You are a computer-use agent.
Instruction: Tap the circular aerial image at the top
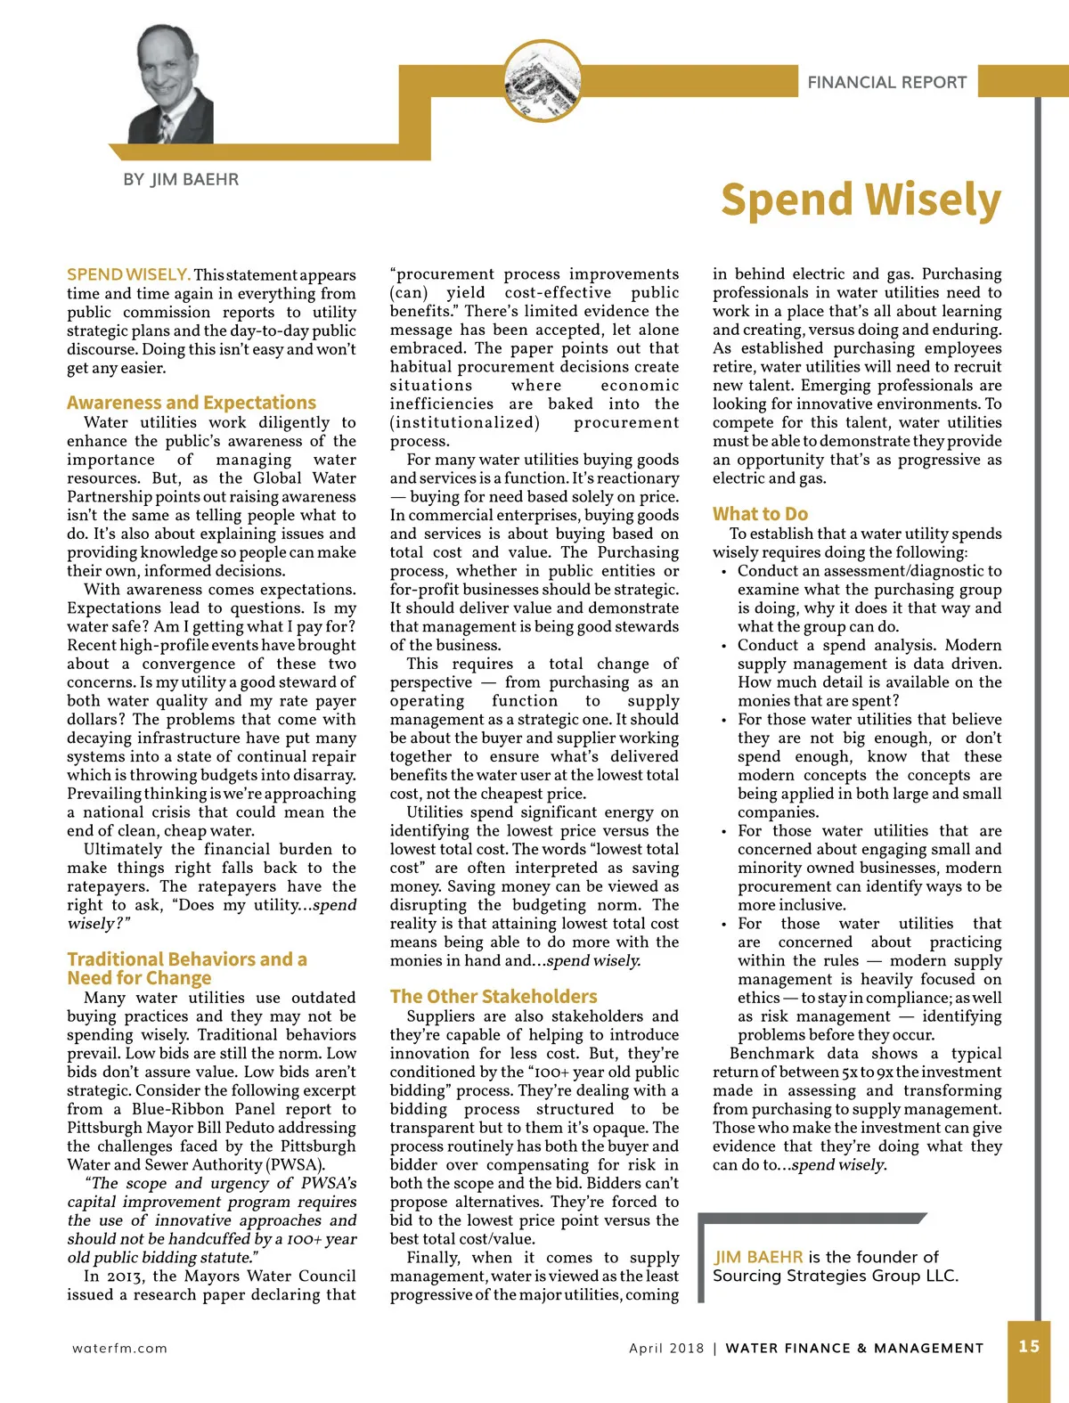[x=543, y=82]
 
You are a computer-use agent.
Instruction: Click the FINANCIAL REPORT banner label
[x=886, y=83]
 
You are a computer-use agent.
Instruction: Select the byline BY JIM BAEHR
[x=181, y=180]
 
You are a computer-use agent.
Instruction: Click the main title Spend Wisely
[x=861, y=200]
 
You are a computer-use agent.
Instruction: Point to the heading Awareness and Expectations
[x=192, y=403]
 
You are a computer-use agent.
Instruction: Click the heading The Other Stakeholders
[x=494, y=997]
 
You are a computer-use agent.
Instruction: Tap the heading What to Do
[x=760, y=514]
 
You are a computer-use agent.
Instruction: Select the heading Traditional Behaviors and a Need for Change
[x=186, y=968]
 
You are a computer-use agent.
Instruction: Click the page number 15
[x=1029, y=1346]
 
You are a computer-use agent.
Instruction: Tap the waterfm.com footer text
[x=119, y=1348]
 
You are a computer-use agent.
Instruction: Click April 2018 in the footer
[x=666, y=1348]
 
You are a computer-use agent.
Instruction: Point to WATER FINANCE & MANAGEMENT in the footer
[x=854, y=1348]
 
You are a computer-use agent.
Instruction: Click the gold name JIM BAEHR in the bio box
[x=758, y=1257]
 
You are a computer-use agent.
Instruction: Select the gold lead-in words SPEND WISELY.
[x=128, y=274]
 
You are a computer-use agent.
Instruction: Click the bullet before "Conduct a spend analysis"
[x=723, y=647]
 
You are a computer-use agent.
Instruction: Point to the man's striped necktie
[x=165, y=126]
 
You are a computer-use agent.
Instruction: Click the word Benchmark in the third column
[x=771, y=1053]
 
